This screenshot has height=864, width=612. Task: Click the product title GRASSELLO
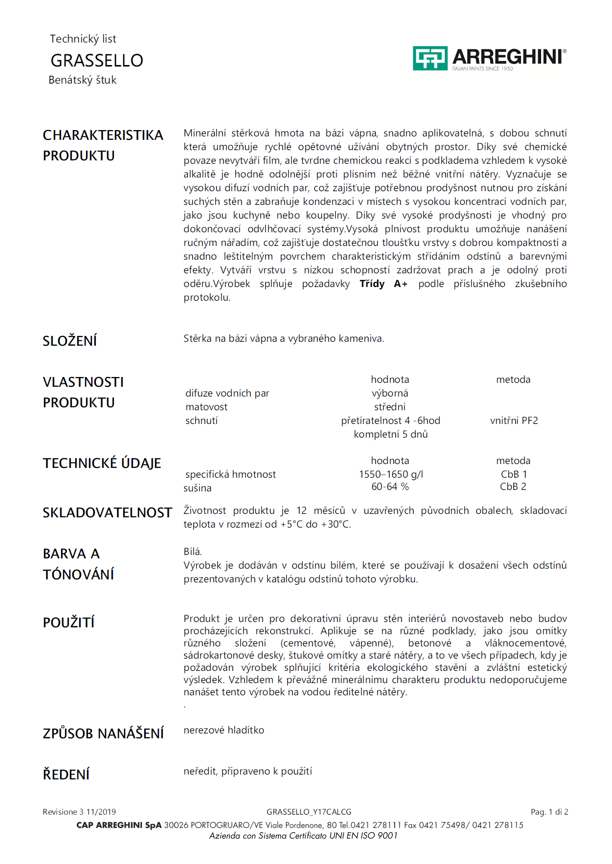[97, 61]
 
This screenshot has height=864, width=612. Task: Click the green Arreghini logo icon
[430, 58]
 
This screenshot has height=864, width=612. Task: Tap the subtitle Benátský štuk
[82, 80]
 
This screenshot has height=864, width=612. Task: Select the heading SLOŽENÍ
[69, 341]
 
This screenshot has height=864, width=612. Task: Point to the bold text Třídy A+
[384, 284]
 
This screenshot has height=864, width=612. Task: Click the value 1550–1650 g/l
[391, 474]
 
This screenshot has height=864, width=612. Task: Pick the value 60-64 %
[390, 487]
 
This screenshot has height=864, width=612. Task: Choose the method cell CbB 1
[514, 474]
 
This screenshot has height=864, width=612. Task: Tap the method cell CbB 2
[513, 487]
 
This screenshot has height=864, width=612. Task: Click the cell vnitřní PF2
[514, 421]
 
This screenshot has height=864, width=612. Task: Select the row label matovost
[206, 407]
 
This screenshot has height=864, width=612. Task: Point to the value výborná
[390, 393]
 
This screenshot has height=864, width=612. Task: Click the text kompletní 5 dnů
[390, 434]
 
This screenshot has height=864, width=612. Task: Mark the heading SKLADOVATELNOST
[107, 512]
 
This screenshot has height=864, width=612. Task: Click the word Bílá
[193, 552]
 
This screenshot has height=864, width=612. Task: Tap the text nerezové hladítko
[224, 730]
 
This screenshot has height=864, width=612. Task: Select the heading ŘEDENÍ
[66, 775]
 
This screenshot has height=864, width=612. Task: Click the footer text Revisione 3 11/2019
[79, 812]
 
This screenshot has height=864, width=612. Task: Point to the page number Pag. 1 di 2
[549, 812]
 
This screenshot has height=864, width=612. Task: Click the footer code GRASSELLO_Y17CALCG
[309, 812]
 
